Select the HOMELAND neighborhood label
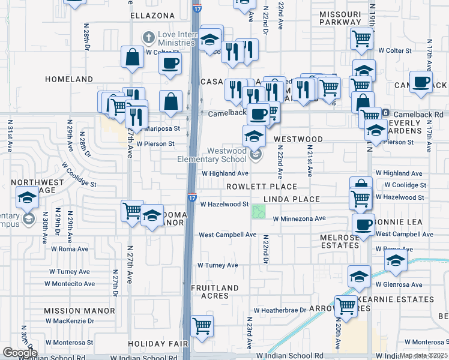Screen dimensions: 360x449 (70, 79)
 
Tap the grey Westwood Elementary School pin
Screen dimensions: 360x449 (256, 155)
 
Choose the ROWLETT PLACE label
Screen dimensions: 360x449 (261, 187)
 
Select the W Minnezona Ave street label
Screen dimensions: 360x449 (299, 218)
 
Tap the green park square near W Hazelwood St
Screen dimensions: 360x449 (259, 212)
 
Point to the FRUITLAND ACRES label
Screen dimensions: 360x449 (215, 292)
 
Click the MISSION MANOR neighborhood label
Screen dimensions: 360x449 (79, 311)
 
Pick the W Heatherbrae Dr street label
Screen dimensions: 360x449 (280, 310)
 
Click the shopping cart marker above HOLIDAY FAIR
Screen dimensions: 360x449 (202, 326)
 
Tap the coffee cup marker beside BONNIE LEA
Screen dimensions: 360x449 (363, 224)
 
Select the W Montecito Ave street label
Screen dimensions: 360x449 (70, 284)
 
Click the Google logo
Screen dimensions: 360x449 (19, 353)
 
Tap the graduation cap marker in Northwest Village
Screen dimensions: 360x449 (27, 197)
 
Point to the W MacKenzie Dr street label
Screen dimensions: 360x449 (70, 321)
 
